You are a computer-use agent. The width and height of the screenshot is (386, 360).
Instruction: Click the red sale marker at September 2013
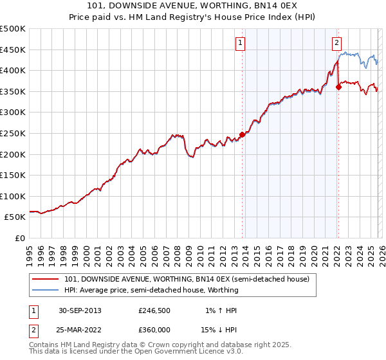tap(243, 134)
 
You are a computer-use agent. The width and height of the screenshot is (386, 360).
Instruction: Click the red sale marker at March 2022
tap(338, 87)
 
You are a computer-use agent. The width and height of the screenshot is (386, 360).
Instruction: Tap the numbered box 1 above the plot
tap(240, 43)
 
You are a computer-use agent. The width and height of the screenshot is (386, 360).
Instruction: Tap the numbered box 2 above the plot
tap(336, 43)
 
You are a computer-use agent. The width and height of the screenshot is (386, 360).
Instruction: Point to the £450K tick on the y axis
tap(13, 50)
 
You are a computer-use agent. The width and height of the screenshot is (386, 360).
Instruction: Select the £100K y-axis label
tap(13, 196)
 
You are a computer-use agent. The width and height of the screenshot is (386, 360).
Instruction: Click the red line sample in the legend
tap(46, 279)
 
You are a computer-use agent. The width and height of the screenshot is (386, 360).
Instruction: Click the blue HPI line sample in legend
tap(46, 290)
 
